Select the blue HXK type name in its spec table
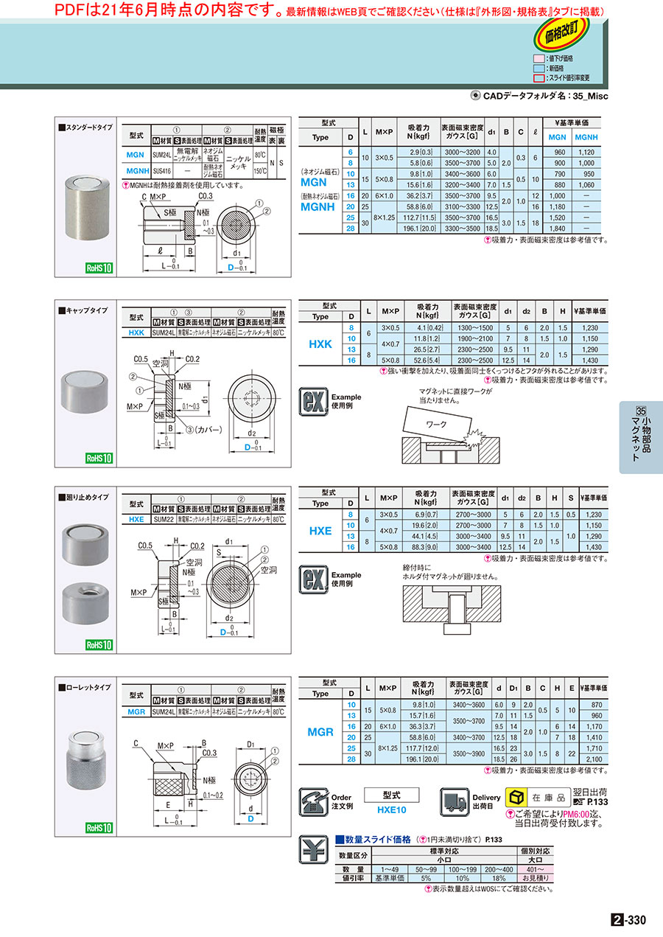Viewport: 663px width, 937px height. (x=320, y=344)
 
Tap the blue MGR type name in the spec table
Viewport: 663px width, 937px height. (x=320, y=732)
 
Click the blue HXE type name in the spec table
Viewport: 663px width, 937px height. (x=320, y=531)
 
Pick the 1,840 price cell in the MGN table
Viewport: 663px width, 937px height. (x=558, y=229)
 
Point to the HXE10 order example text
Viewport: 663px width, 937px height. (x=392, y=809)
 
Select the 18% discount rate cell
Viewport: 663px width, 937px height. (x=499, y=878)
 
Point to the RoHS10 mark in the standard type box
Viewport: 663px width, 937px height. (x=98, y=269)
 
